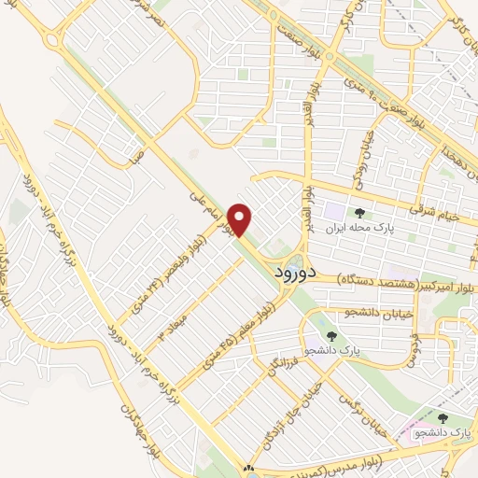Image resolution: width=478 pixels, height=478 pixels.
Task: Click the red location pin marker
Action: pos(241,220)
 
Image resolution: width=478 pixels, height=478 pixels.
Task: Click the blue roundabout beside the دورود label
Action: pos(295,260)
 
